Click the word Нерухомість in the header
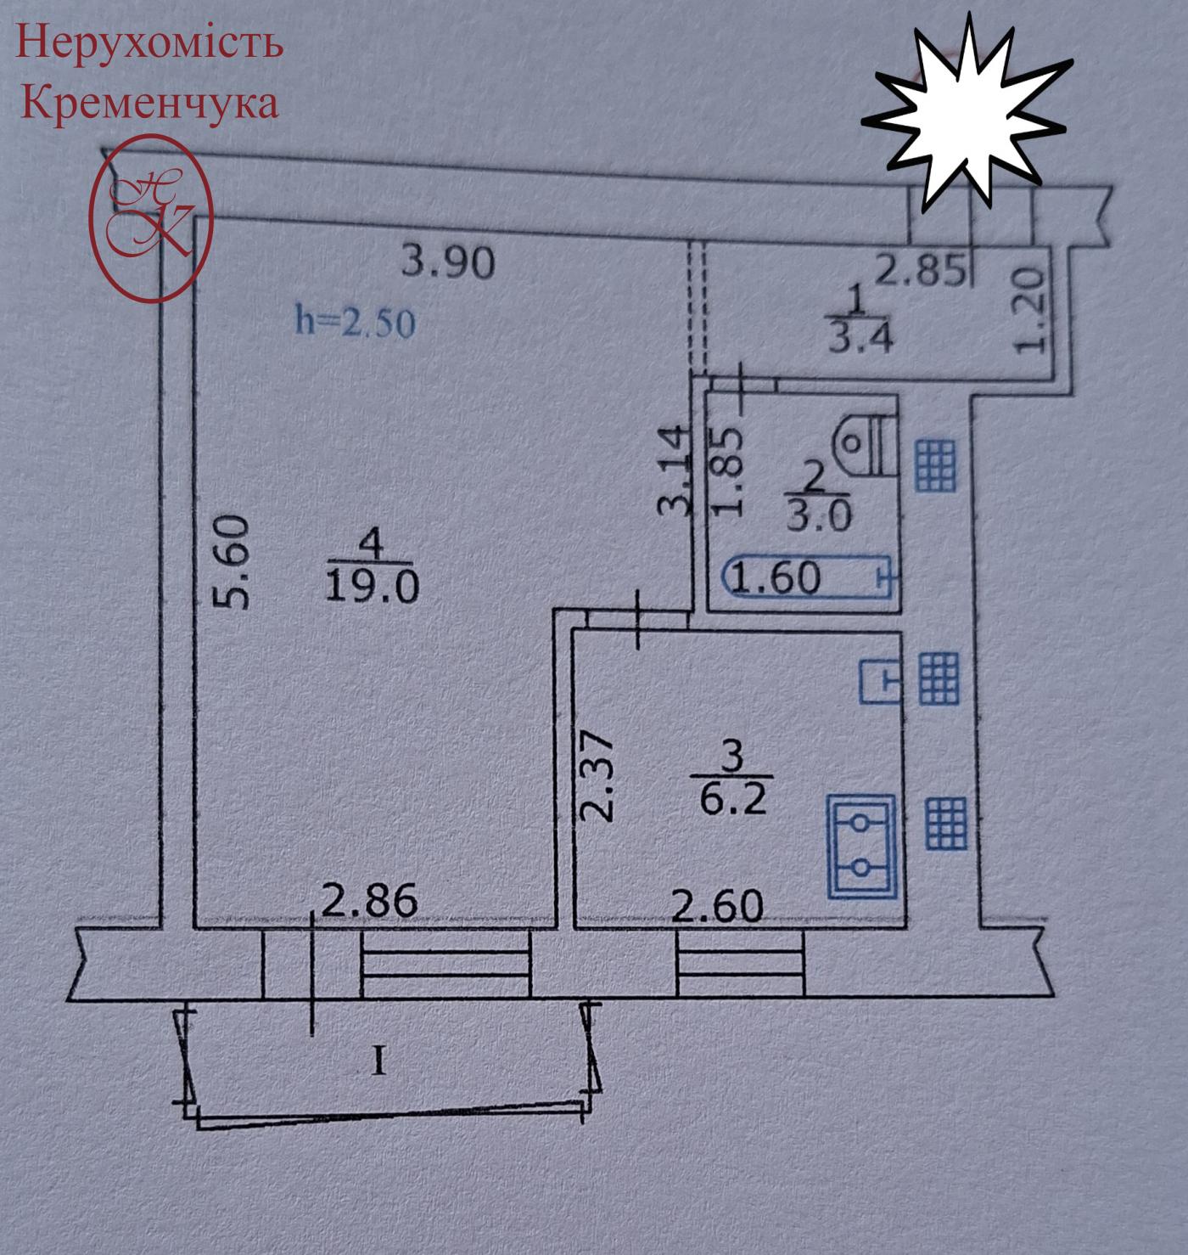(149, 42)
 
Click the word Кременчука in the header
(149, 102)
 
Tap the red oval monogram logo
(151, 219)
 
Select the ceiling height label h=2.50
(355, 323)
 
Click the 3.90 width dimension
(447, 262)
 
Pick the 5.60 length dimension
(233, 563)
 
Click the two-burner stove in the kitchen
(861, 846)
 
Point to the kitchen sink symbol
(881, 681)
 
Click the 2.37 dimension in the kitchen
(599, 777)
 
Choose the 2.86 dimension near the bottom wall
(371, 901)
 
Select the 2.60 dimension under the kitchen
(717, 906)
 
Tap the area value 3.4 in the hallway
(859, 338)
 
